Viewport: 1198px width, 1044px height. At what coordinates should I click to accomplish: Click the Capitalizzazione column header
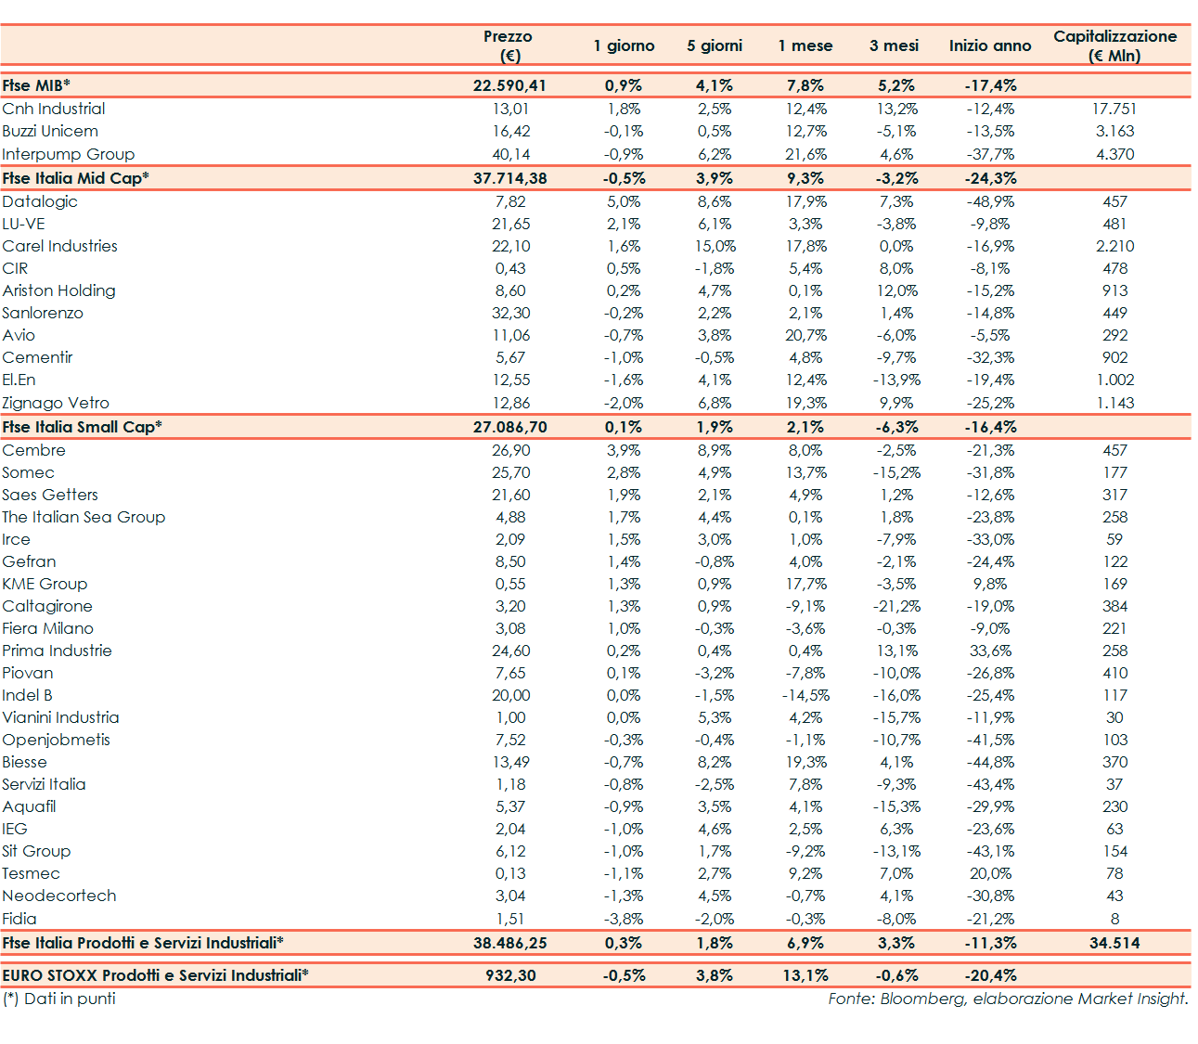(x=1114, y=45)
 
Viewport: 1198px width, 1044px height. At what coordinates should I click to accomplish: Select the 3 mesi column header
(x=894, y=45)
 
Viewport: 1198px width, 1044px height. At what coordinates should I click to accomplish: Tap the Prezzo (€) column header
(x=509, y=45)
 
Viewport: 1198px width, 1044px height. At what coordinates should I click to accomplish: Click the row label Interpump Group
(x=69, y=154)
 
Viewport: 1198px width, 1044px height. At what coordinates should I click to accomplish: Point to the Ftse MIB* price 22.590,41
(x=509, y=85)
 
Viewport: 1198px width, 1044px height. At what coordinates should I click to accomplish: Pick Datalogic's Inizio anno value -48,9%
(x=990, y=201)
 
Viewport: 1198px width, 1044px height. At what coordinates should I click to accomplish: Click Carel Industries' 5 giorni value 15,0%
(x=715, y=246)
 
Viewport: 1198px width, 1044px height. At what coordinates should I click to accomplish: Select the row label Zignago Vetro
(x=56, y=403)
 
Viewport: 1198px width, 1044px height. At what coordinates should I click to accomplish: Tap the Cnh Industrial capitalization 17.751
(x=1114, y=109)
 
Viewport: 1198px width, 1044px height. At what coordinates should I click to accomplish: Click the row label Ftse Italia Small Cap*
(x=82, y=427)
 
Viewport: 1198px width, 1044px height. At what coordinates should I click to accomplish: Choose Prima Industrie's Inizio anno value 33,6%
(x=990, y=651)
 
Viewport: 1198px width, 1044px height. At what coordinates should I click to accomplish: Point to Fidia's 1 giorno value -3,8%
(x=624, y=919)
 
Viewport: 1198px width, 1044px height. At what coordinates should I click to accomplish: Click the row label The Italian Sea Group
(x=84, y=517)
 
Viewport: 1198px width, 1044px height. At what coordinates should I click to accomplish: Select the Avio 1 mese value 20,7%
(x=805, y=335)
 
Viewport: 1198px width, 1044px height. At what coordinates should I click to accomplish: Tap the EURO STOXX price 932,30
(x=510, y=975)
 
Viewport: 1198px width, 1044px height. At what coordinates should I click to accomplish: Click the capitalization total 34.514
(x=1114, y=943)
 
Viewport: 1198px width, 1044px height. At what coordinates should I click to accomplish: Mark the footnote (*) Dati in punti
(x=59, y=999)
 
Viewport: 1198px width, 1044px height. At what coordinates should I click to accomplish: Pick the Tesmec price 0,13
(x=510, y=873)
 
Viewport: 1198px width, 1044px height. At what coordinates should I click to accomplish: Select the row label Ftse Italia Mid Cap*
(x=75, y=178)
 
